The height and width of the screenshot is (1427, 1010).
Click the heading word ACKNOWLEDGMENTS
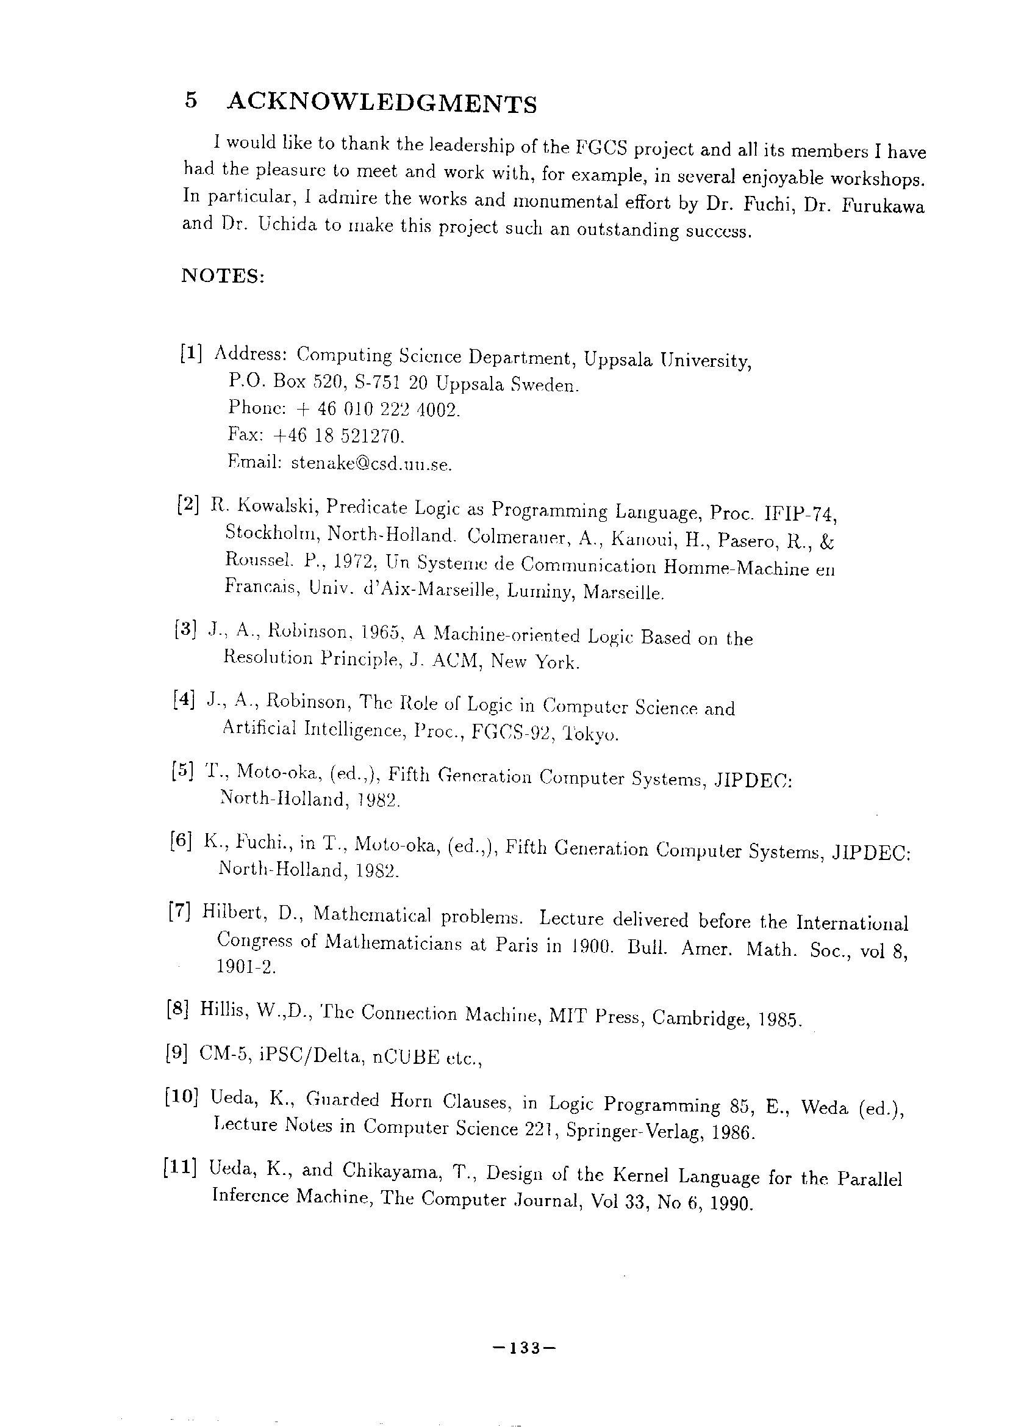[381, 103]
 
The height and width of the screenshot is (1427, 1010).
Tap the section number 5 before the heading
[191, 100]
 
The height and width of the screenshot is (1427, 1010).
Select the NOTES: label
[223, 276]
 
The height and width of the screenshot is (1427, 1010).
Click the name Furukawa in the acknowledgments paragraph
[883, 207]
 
